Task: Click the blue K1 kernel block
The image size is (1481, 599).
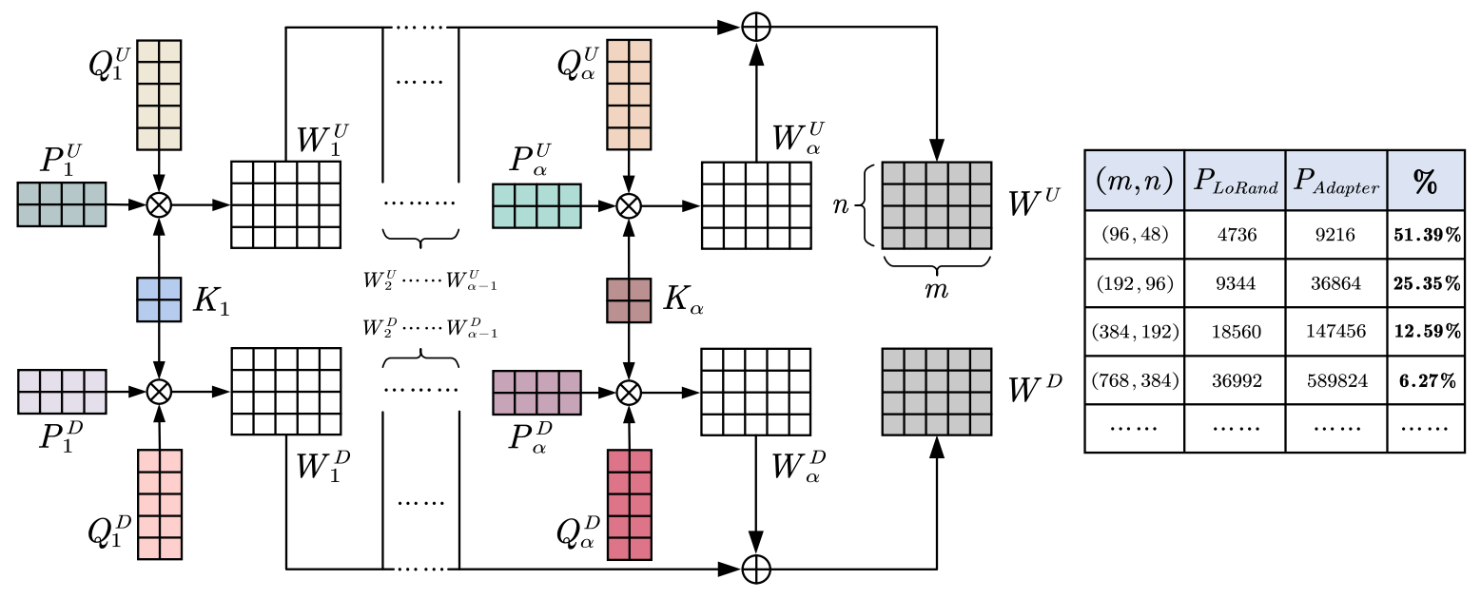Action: click(x=159, y=299)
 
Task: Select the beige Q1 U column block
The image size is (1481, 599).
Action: click(x=159, y=95)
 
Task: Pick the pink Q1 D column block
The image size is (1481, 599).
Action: click(x=159, y=504)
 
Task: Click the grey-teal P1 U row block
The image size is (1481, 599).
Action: click(x=62, y=203)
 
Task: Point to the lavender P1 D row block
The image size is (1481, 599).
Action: click(x=62, y=391)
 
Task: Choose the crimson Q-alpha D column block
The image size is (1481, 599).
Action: click(x=629, y=504)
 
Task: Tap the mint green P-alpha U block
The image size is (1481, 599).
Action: click(x=536, y=205)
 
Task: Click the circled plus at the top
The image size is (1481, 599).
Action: click(x=756, y=29)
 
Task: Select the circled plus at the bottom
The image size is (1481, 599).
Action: click(x=756, y=569)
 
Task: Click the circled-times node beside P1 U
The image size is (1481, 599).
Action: click(x=159, y=203)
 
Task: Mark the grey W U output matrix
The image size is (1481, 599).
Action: click(x=937, y=206)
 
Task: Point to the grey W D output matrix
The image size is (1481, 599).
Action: click(x=937, y=392)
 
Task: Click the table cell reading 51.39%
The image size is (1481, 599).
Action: click(x=1426, y=234)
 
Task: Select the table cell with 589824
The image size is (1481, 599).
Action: click(x=1335, y=380)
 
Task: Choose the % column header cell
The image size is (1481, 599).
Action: click(x=1426, y=181)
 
